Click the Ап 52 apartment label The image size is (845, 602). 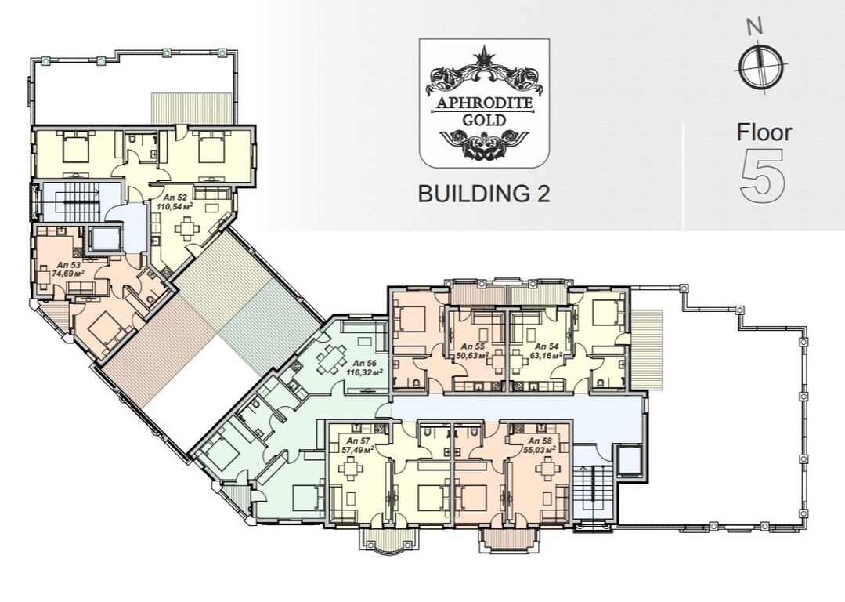(x=166, y=198)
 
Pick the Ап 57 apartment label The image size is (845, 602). (x=352, y=441)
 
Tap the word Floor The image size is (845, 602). (x=764, y=132)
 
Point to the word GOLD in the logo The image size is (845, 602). (x=484, y=120)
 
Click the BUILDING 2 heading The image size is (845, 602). (x=484, y=193)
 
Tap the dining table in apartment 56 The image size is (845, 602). (x=329, y=361)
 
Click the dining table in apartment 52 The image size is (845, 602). (x=186, y=228)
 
